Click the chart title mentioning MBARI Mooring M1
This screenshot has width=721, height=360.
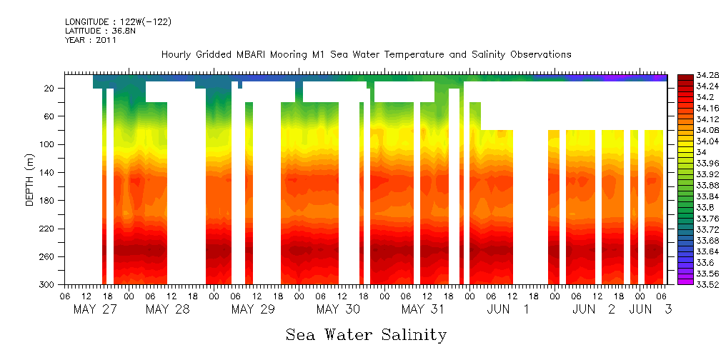point(366,54)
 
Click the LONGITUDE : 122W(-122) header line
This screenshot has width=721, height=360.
point(118,22)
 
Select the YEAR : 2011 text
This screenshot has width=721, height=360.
point(90,40)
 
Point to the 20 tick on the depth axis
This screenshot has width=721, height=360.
point(51,88)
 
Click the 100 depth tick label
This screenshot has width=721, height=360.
point(49,144)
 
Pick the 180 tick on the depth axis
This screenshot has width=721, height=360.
point(49,201)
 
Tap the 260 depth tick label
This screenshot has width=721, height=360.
point(49,256)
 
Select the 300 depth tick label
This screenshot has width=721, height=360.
point(49,284)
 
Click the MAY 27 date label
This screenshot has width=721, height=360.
point(96,309)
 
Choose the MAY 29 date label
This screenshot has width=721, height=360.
point(253,309)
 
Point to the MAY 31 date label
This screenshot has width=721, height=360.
point(422,309)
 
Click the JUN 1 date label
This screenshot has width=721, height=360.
point(508,309)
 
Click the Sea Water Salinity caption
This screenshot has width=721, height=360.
point(366,334)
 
